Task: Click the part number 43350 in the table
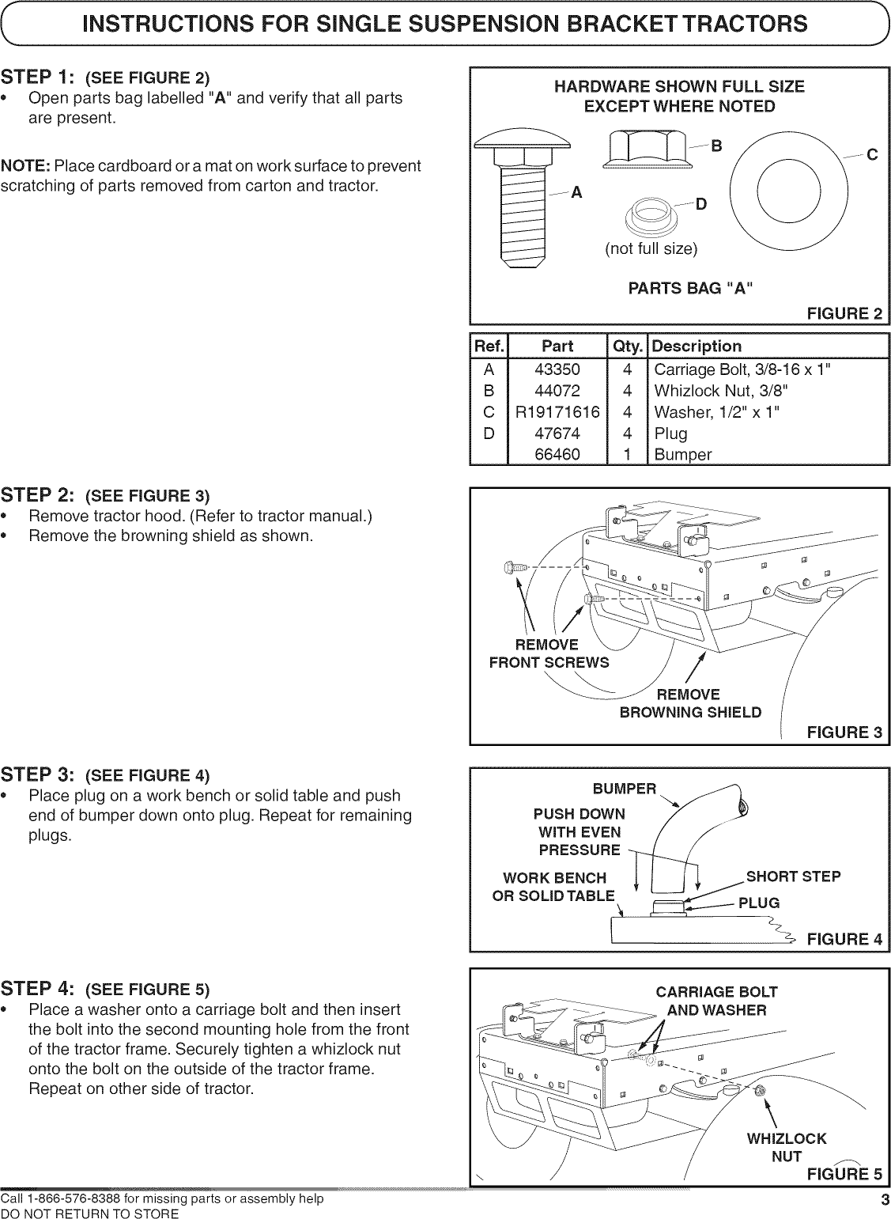[x=557, y=369]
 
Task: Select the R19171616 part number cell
[x=557, y=412]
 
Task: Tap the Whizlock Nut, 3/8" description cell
[x=720, y=391]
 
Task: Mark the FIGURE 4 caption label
[x=844, y=939]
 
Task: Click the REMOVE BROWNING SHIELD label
[x=689, y=703]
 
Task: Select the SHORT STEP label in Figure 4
[x=793, y=876]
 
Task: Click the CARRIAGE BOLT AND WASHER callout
[x=716, y=1001]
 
